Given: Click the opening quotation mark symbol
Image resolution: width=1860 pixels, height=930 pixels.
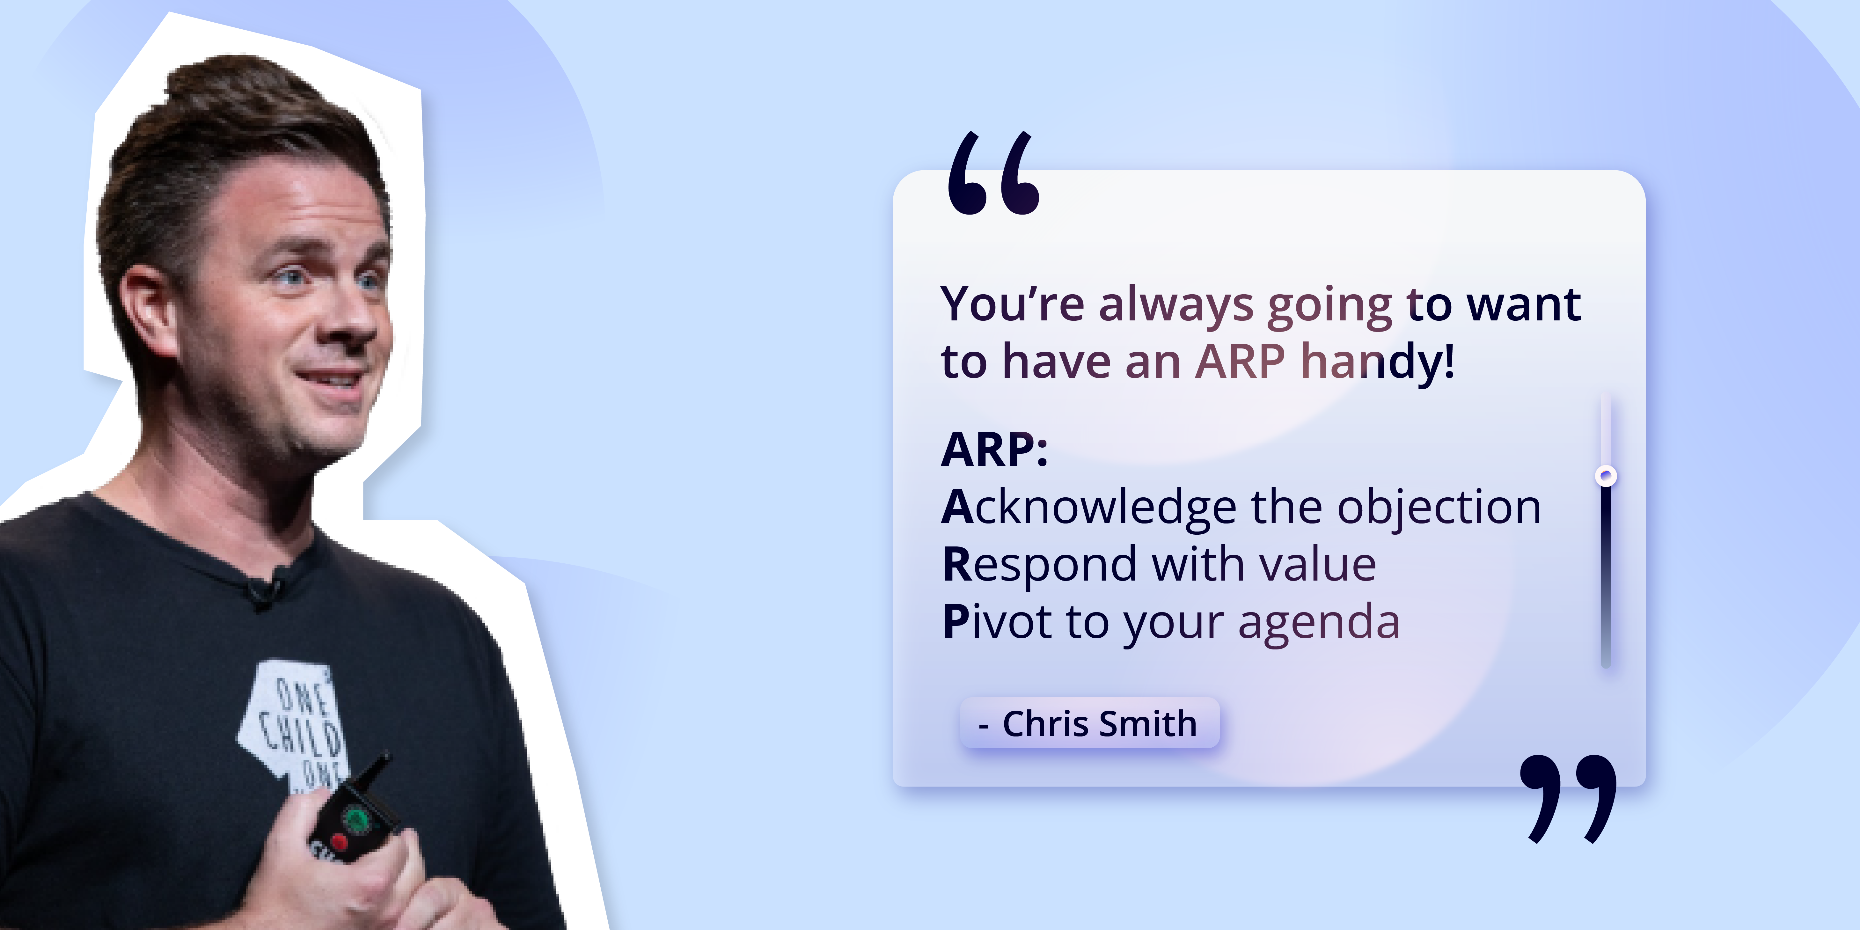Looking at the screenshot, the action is pyautogui.click(x=993, y=173).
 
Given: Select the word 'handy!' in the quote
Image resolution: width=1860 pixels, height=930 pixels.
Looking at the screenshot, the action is pyautogui.click(x=1378, y=361).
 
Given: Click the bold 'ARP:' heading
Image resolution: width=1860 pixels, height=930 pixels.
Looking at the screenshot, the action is pyautogui.click(x=994, y=450).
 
